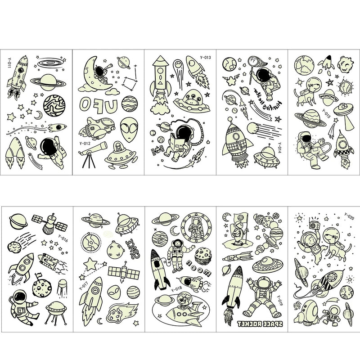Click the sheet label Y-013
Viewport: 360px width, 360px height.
(205, 57)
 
